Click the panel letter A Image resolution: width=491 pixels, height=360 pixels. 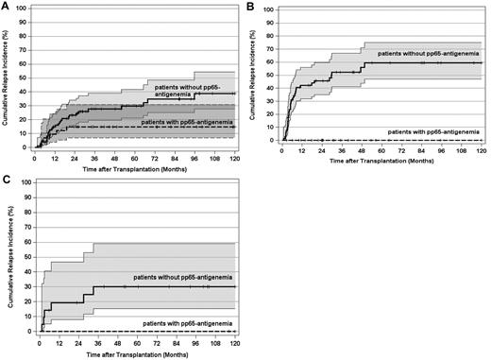point(7,7)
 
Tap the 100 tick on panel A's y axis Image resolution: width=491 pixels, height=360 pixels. point(25,11)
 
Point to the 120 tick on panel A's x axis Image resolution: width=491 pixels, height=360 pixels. point(235,156)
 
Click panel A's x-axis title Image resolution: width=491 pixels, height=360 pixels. point(134,166)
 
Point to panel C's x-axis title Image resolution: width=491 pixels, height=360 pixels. point(134,352)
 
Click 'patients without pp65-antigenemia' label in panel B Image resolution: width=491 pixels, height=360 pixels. point(429,54)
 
